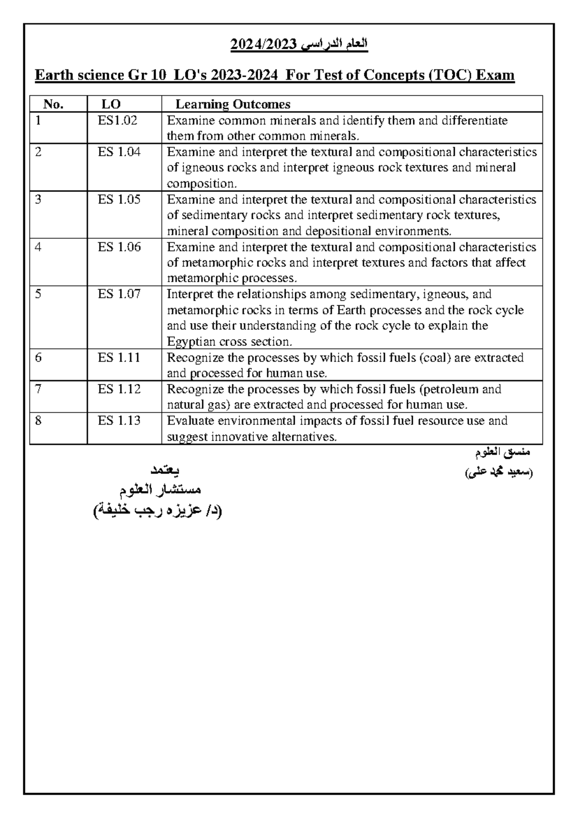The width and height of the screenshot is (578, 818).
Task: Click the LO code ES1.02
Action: (x=118, y=121)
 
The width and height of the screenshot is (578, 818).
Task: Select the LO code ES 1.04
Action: (x=119, y=152)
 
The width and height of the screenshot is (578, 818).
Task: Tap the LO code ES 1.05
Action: (x=119, y=200)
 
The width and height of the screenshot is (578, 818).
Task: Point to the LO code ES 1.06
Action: (x=119, y=247)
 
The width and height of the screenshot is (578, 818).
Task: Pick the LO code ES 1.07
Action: (x=119, y=294)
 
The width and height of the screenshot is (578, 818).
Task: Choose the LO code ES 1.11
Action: (x=119, y=357)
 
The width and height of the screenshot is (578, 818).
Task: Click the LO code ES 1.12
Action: (x=119, y=389)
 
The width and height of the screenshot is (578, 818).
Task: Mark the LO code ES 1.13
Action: (x=119, y=421)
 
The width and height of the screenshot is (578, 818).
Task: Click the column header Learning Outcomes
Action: (x=233, y=104)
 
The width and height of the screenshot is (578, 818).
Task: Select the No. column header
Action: (x=53, y=104)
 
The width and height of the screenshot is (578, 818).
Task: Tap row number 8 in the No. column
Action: (x=39, y=421)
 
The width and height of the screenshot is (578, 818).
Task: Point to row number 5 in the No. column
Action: (x=39, y=294)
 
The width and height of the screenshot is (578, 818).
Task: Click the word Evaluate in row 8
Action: (x=190, y=421)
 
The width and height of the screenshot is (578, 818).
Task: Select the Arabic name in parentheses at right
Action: (x=499, y=474)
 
